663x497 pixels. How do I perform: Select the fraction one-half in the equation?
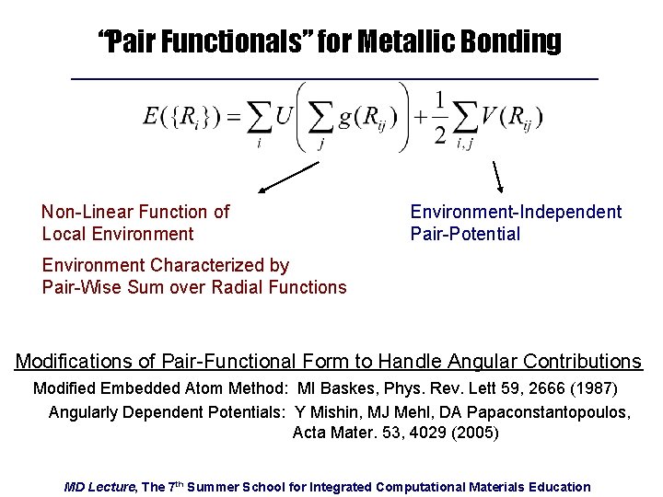(x=440, y=117)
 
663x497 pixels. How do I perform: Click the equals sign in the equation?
(x=234, y=117)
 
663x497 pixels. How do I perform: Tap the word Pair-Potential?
(x=465, y=234)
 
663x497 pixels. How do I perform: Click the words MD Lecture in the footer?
(x=99, y=486)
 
